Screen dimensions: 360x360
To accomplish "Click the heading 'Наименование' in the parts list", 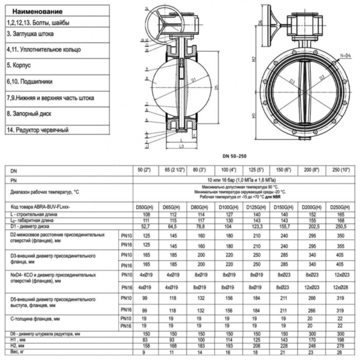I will click(x=38, y=11).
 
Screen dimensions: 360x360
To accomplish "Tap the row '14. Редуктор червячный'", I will click(x=38, y=130).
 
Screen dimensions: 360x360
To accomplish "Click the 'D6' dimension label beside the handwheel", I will click(x=261, y=23).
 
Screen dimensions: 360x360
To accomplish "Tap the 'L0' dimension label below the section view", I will click(x=181, y=148).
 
